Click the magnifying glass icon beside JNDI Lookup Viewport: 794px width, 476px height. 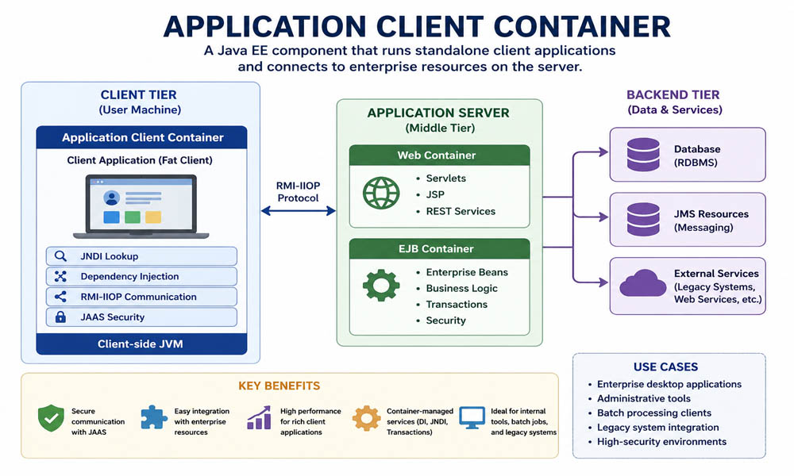[60, 256]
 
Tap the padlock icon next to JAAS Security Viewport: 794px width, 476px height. [60, 317]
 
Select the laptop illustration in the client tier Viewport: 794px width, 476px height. [141, 206]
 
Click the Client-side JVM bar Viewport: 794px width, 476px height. [141, 344]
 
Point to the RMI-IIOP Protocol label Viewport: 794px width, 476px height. [298, 191]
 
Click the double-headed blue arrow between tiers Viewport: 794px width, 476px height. [299, 211]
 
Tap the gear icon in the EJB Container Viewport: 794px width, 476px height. [380, 286]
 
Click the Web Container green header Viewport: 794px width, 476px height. [439, 155]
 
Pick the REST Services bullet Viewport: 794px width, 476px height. [460, 211]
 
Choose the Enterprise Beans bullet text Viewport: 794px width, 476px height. [466, 272]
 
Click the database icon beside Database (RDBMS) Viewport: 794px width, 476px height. [642, 155]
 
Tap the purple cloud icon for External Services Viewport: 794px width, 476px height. [642, 283]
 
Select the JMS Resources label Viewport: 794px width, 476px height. [711, 214]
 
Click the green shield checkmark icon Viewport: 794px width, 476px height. [51, 418]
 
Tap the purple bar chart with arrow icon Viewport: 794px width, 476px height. [259, 418]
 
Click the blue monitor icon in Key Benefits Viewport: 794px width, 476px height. [472, 417]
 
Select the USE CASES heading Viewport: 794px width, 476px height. [665, 367]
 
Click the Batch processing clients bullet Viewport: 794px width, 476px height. [653, 413]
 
